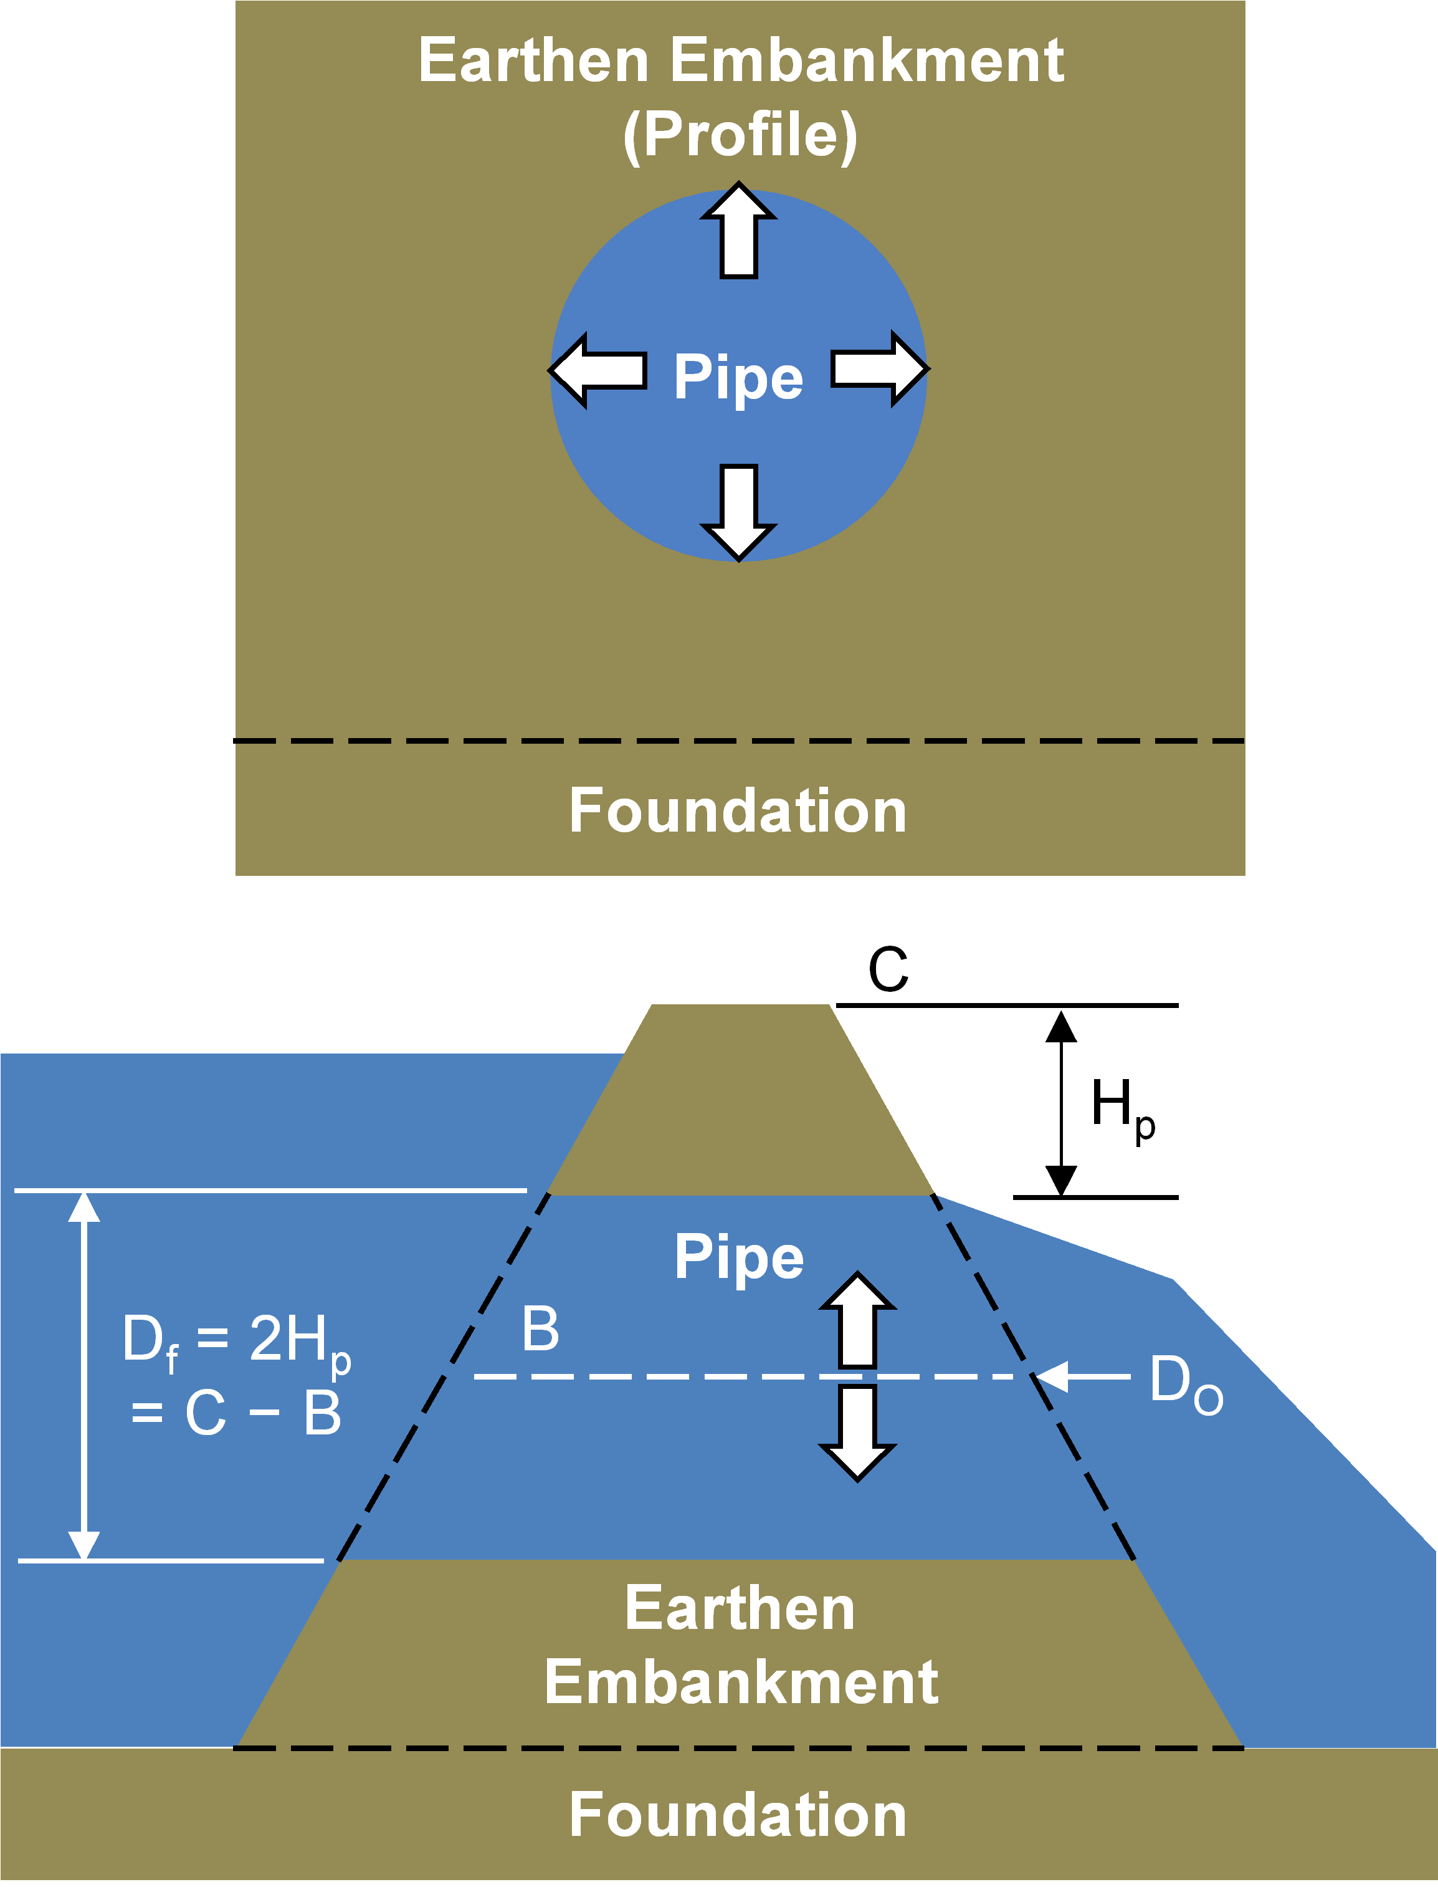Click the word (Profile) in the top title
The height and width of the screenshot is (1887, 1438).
point(740,135)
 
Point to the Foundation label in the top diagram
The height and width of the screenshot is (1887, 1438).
point(738,811)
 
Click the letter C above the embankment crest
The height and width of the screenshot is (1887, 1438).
point(888,969)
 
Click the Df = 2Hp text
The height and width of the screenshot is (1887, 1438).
point(236,1341)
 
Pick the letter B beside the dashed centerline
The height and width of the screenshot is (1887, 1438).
point(541,1329)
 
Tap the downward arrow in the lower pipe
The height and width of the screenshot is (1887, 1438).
point(858,1433)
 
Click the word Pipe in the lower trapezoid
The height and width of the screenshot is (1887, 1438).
point(739,1257)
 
